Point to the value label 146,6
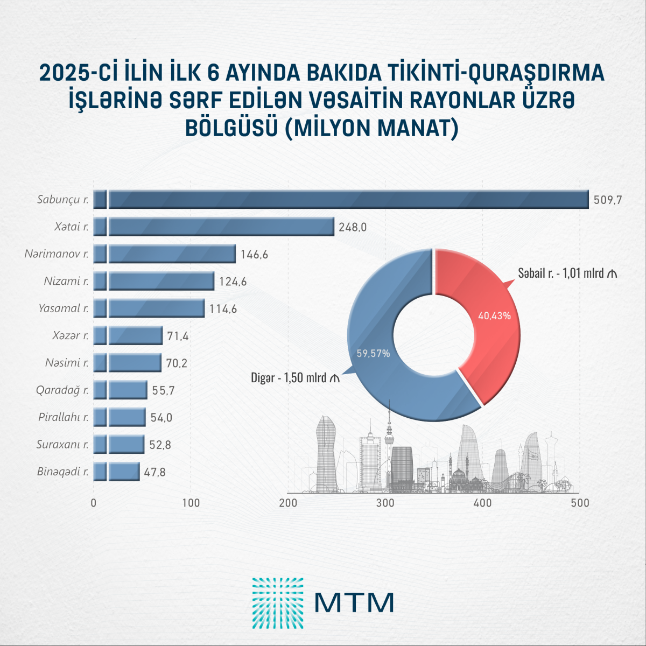click(254, 254)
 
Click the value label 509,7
click(608, 200)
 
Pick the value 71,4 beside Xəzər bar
click(178, 336)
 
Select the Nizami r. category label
click(66, 281)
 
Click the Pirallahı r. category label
click(64, 417)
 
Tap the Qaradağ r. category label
click(62, 390)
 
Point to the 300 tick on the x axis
click(385, 503)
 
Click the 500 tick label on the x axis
click(580, 503)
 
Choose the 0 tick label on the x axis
click(94, 503)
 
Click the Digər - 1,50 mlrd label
click(296, 378)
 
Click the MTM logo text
click(354, 603)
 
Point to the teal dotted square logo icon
click(278, 603)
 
